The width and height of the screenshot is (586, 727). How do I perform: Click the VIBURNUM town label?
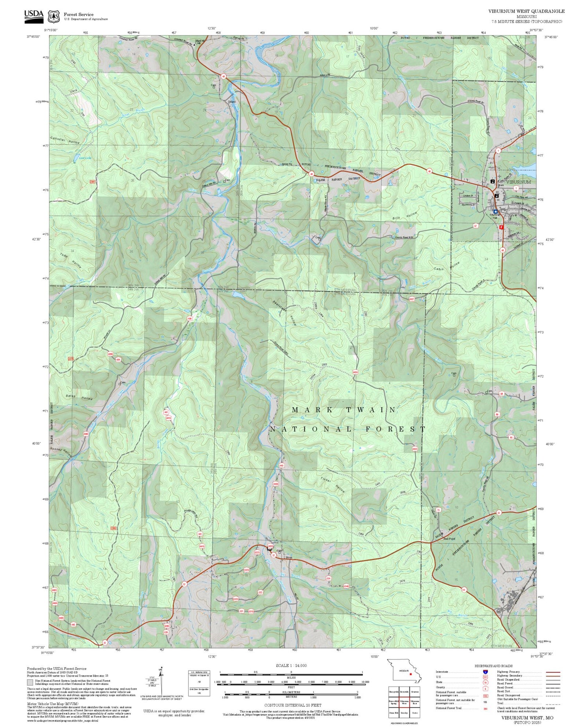[518, 182]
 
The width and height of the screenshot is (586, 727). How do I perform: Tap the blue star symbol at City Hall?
[495, 212]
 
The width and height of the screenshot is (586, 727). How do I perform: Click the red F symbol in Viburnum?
[502, 226]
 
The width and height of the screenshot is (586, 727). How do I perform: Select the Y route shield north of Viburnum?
[498, 150]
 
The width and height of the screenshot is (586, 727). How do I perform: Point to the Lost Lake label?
[85, 158]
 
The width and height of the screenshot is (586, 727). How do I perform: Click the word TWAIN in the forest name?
[370, 410]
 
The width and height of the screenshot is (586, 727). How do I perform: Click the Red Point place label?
[449, 539]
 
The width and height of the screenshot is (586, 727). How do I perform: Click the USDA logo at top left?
[34, 15]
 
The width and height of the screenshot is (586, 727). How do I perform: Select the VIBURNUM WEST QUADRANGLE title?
[526, 11]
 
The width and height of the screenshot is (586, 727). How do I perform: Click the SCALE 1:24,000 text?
[291, 665]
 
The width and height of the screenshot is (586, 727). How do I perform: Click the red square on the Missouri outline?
[411, 674]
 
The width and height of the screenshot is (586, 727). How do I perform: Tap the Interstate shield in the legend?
[486, 672]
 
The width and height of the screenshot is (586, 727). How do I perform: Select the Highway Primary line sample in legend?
[552, 672]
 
